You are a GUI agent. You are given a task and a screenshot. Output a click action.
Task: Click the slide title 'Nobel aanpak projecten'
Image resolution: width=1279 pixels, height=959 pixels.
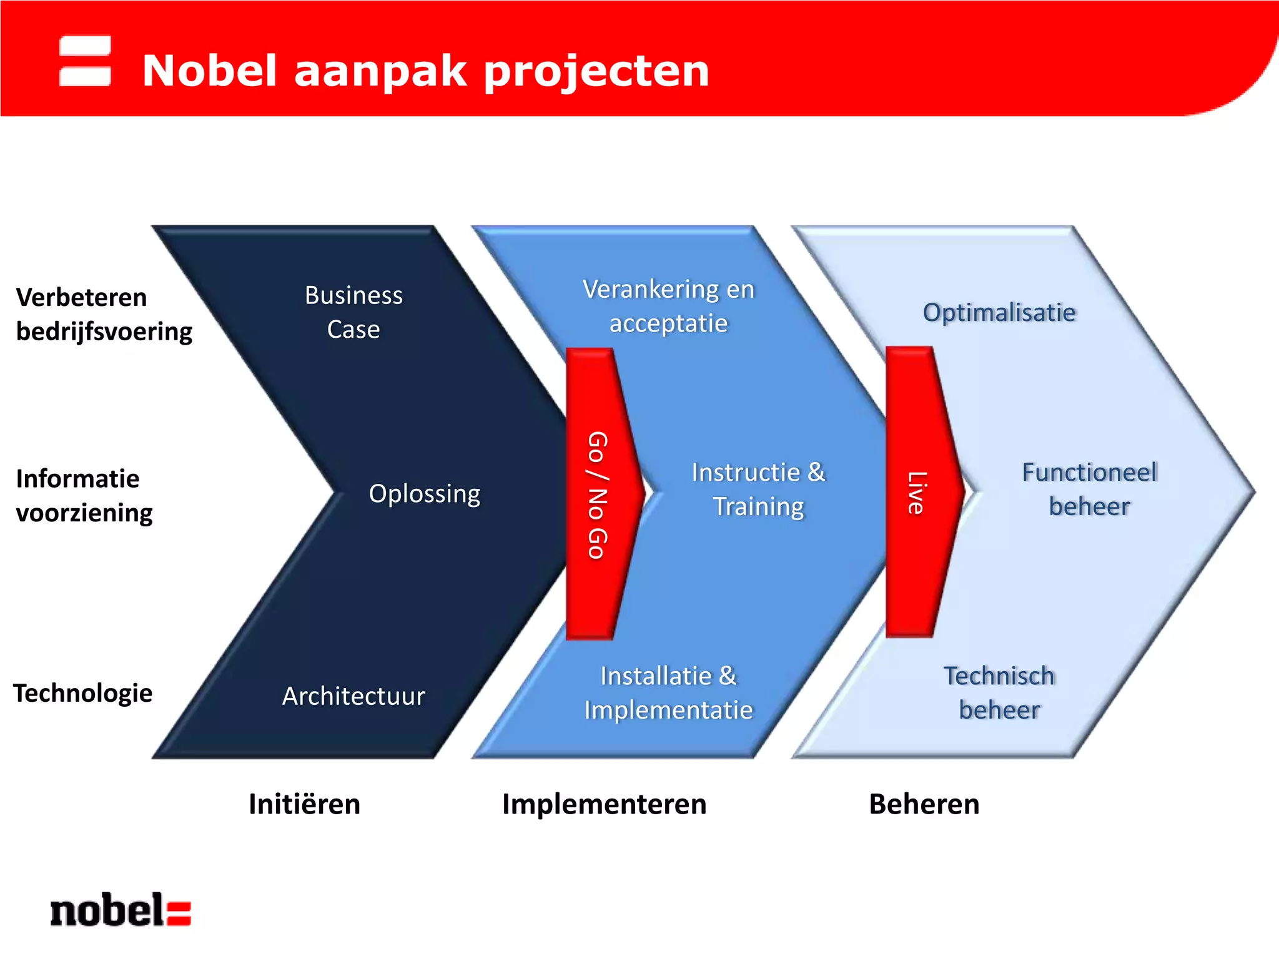(x=425, y=71)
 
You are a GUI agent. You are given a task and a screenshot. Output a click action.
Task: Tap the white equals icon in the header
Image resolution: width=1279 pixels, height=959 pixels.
(x=85, y=61)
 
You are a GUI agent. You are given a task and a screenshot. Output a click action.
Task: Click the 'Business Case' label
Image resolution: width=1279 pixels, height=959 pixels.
(x=353, y=312)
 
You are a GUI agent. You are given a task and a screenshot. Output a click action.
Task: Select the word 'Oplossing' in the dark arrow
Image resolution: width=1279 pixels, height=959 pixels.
(x=425, y=493)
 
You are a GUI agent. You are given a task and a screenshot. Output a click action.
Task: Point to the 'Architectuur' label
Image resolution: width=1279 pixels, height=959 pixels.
(x=353, y=696)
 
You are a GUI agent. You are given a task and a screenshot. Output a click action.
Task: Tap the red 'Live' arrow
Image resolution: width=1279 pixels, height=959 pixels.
(x=918, y=493)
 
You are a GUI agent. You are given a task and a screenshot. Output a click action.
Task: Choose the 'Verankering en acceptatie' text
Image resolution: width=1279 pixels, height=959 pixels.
(x=668, y=306)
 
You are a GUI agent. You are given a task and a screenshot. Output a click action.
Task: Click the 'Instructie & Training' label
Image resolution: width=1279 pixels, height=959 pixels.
(x=758, y=489)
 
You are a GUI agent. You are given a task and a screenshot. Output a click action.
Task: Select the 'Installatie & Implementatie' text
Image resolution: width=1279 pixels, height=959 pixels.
(x=668, y=693)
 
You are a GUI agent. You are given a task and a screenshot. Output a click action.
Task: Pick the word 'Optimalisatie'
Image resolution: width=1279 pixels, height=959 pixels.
(x=999, y=312)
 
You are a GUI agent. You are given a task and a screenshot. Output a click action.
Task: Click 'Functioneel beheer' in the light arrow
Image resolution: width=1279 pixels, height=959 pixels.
(x=1089, y=489)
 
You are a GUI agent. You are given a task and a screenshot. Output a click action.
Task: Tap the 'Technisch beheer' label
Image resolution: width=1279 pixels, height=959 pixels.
(x=999, y=693)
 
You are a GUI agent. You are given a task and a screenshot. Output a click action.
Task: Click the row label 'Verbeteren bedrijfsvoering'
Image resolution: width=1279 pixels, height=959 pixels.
(x=104, y=314)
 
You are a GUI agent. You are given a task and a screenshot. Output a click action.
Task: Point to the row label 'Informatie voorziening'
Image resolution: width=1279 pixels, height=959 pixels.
(x=84, y=496)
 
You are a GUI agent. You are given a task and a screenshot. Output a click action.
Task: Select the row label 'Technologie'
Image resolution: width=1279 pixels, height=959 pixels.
(x=83, y=693)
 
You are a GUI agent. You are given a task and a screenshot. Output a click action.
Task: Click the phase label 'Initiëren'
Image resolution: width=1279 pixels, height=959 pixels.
(x=304, y=804)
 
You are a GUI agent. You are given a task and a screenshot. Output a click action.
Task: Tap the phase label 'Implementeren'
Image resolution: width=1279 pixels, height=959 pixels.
(x=604, y=804)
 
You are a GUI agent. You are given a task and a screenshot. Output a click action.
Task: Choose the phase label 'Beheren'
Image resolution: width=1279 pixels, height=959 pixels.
(x=924, y=804)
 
